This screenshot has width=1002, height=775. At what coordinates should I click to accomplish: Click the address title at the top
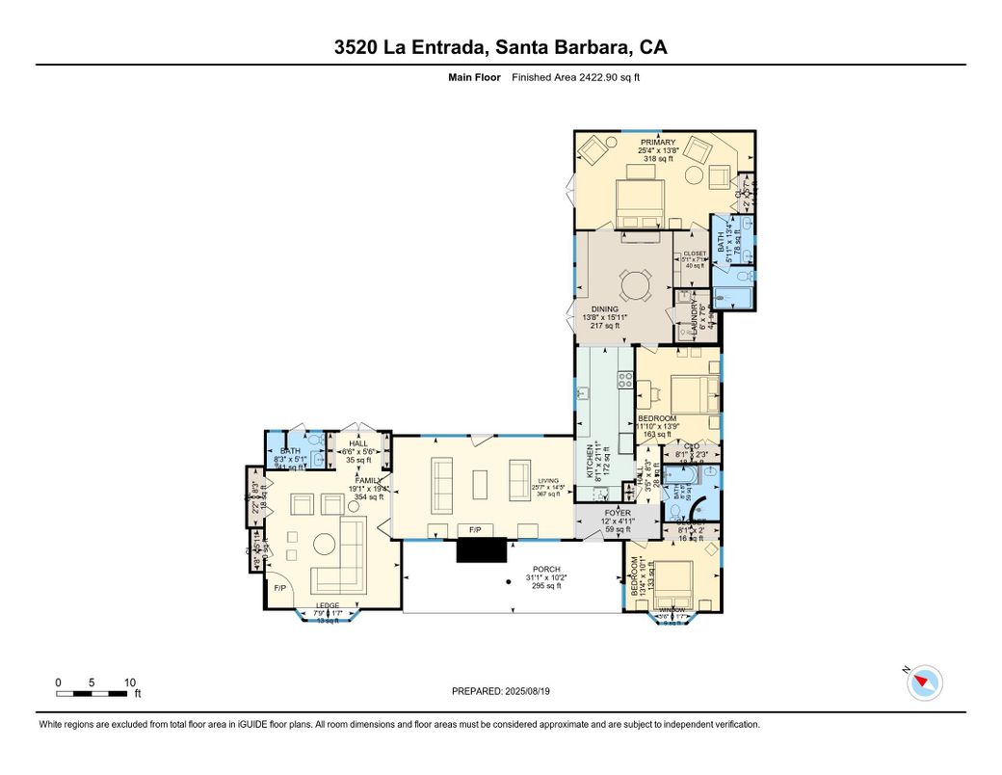coord(500,47)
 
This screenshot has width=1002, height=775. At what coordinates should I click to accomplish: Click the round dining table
coord(635,285)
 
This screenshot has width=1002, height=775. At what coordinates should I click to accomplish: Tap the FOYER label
coord(617,513)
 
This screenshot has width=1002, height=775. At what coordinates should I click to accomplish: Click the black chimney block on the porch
coord(481,549)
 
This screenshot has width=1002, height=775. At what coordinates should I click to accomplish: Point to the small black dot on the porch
coord(510,581)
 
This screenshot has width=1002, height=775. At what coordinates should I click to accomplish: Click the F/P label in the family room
coord(280,587)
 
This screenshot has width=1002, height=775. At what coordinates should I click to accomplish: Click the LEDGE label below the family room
coord(328,606)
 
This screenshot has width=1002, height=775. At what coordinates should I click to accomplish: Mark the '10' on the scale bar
coord(129,682)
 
